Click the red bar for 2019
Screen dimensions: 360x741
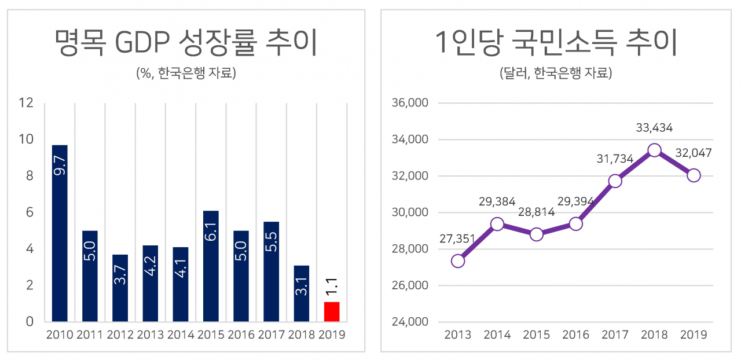pyautogui.click(x=332, y=311)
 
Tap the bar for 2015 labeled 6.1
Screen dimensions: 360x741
pyautogui.click(x=211, y=266)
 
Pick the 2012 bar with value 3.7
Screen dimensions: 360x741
pyautogui.click(x=120, y=288)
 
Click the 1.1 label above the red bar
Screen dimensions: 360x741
pyautogui.click(x=332, y=285)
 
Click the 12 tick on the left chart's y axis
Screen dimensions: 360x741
pyautogui.click(x=26, y=103)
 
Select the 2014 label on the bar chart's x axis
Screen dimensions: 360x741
pyautogui.click(x=181, y=335)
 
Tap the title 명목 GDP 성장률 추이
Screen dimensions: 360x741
pyautogui.click(x=185, y=43)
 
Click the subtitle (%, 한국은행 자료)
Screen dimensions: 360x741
pyautogui.click(x=186, y=74)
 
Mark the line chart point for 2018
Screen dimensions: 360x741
pyautogui.click(x=654, y=150)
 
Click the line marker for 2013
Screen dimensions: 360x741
pyautogui.click(x=458, y=261)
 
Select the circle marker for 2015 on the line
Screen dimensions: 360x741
pyautogui.click(x=537, y=234)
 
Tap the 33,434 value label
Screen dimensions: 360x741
pyautogui.click(x=654, y=128)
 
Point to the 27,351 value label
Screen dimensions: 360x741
pyautogui.click(x=458, y=239)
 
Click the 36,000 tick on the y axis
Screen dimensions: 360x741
pyautogui.click(x=410, y=103)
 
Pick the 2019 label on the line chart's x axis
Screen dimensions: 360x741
pyautogui.click(x=694, y=335)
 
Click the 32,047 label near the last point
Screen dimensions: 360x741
pyautogui.click(x=694, y=153)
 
